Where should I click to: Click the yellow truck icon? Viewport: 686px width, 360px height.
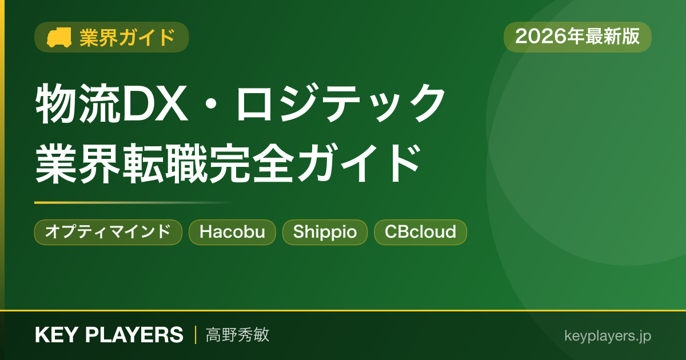59,37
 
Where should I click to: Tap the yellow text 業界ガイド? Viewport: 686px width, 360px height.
127,38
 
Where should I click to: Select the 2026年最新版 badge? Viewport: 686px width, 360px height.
577,37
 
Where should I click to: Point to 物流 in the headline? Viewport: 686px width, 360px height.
78,103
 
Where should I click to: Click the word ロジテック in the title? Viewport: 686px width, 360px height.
340,103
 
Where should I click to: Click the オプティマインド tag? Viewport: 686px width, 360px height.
108,232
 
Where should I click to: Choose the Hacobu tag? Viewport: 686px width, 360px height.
232,232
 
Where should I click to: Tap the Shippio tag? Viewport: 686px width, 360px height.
325,232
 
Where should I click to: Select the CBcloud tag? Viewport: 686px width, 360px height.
420,232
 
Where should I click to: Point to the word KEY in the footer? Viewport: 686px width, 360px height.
57,335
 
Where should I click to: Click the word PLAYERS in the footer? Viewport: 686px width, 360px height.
134,335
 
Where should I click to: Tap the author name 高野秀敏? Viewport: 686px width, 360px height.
237,335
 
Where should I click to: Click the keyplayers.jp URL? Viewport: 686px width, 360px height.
608,336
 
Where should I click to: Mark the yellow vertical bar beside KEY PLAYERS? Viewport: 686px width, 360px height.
196,335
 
